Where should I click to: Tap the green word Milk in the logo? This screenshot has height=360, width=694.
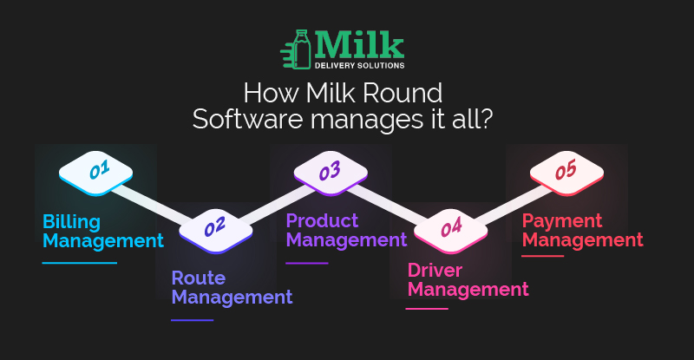(x=359, y=45)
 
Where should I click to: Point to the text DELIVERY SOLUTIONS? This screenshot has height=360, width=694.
(x=359, y=66)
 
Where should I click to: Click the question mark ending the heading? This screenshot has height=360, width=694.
(x=486, y=119)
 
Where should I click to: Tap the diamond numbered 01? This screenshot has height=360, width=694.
(x=95, y=173)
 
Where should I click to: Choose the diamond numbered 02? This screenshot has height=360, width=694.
(x=215, y=231)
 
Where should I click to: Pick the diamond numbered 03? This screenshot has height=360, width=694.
(x=331, y=173)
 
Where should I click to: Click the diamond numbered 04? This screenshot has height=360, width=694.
(x=450, y=231)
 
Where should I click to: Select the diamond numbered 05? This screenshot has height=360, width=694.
(x=566, y=173)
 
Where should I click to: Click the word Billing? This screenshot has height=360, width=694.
(x=72, y=222)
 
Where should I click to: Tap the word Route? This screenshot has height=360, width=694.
(x=199, y=278)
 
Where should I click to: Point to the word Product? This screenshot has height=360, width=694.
(x=322, y=220)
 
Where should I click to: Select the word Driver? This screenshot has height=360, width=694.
(x=435, y=270)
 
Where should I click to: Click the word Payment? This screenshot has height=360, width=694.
(x=562, y=221)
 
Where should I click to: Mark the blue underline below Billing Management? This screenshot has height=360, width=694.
(x=80, y=263)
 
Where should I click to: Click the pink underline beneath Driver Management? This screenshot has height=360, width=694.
(x=427, y=309)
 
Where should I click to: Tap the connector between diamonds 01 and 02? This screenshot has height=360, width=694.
(x=153, y=205)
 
